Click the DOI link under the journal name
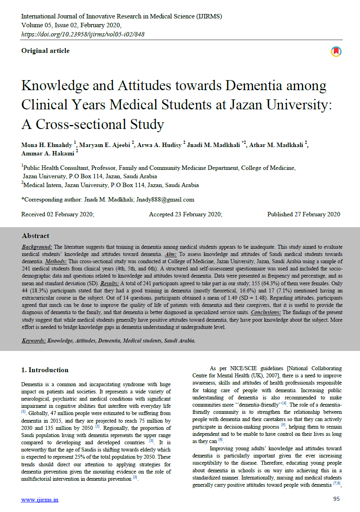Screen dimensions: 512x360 click(83, 34)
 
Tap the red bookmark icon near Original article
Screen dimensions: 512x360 click(336, 52)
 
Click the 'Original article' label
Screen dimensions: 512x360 click(45, 51)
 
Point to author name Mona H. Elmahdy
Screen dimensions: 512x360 click(47, 145)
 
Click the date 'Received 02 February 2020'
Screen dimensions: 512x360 click(58, 214)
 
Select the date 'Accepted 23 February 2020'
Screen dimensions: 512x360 click(186, 214)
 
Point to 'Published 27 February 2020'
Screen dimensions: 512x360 click(303, 214)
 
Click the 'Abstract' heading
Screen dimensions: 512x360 click(36, 236)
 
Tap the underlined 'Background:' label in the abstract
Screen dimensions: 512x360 click(37, 247)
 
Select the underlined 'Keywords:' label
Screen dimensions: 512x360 click(34, 341)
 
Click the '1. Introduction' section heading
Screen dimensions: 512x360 click(45, 370)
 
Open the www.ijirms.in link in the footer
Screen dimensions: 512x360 click(40, 500)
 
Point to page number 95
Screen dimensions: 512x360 click(336, 499)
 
